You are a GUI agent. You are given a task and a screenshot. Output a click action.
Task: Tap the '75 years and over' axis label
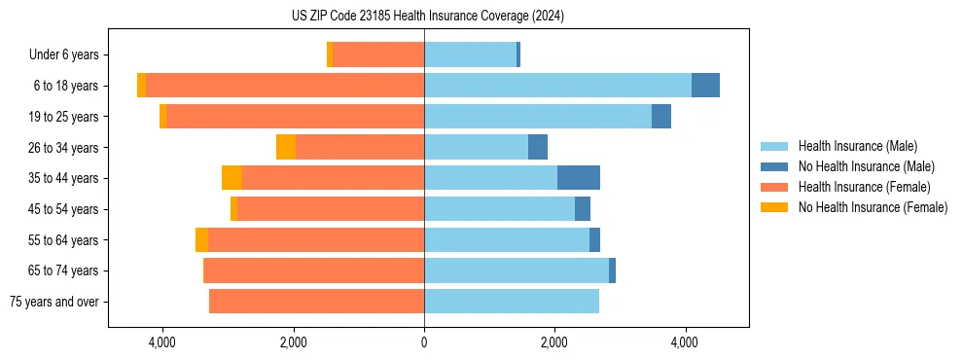pos(54,302)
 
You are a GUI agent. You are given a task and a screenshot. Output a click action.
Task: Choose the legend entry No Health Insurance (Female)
pos(873,207)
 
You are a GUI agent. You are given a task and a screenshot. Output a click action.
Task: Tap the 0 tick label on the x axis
pos(424,342)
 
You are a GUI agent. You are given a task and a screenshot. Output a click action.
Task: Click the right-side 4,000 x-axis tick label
pos(685,342)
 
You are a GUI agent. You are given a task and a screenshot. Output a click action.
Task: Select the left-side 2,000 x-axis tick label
pos(294,342)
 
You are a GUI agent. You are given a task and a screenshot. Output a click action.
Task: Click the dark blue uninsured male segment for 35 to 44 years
pos(579,178)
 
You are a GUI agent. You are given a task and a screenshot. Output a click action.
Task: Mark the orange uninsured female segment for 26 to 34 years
pos(286,147)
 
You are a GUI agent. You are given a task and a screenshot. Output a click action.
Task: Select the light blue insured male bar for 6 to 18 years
pos(557,86)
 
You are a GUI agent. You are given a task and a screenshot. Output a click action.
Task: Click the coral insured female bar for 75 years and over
pos(316,302)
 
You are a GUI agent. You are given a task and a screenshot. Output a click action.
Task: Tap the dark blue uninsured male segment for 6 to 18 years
pos(705,86)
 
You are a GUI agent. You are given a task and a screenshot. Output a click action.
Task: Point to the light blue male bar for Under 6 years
pos(470,54)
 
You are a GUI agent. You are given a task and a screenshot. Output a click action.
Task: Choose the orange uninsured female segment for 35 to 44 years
pos(232,178)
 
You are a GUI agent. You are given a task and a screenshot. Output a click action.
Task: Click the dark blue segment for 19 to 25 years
pos(661,117)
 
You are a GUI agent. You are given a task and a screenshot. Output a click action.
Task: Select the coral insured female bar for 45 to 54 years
pos(331,209)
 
